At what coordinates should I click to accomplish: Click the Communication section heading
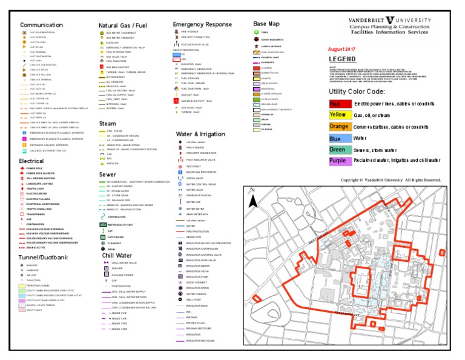42,25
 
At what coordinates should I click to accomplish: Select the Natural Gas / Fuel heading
123,25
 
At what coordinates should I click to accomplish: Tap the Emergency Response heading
202,24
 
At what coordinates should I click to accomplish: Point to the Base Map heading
266,24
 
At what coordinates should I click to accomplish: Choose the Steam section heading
107,123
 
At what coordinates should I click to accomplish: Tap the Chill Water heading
117,255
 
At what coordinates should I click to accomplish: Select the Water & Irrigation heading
200,133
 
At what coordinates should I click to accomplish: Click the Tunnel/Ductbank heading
43,257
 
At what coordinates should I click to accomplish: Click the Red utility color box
337,104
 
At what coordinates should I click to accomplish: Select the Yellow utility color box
337,115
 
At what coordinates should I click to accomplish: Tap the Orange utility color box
337,126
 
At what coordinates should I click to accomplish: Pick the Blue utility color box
337,138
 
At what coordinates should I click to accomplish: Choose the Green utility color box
337,149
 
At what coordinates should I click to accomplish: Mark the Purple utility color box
337,161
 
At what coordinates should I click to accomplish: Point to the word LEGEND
343,59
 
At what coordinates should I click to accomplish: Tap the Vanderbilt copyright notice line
391,180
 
